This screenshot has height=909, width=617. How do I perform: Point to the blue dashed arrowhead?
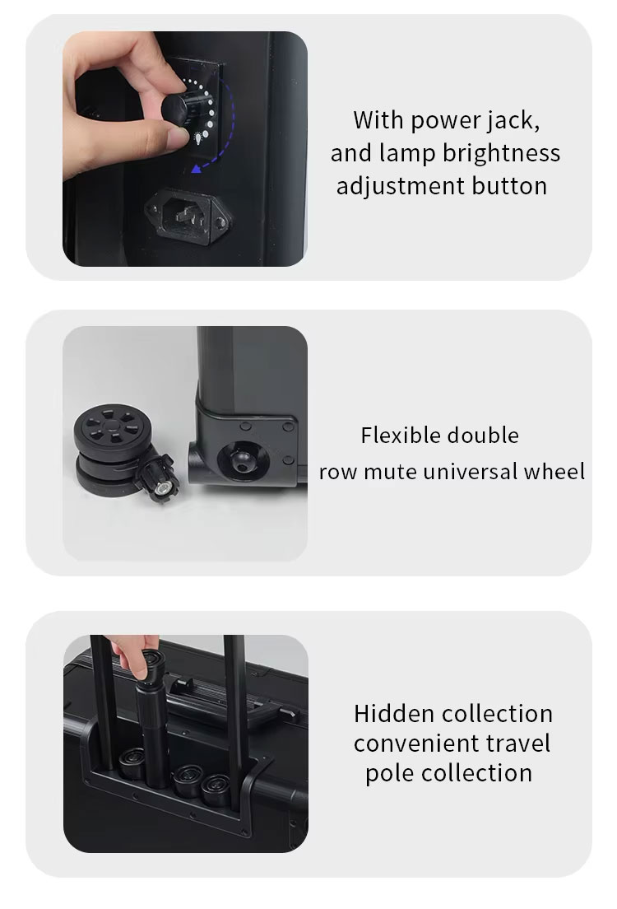[x=198, y=168]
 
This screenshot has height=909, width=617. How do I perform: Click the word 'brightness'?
[x=502, y=154]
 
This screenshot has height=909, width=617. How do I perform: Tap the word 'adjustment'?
[x=401, y=187]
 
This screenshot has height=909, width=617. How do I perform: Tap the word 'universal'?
[x=471, y=472]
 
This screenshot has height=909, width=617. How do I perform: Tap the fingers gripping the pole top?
[x=136, y=656]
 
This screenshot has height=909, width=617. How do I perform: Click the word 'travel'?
[x=518, y=744]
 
